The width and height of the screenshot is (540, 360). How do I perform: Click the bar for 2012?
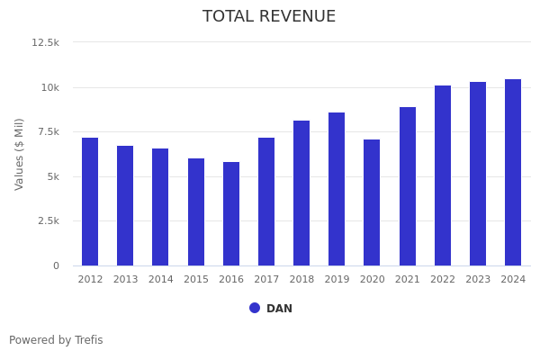[x=90, y=202]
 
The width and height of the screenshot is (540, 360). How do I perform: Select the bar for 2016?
[x=231, y=213]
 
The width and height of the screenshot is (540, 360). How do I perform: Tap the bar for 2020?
[x=372, y=202]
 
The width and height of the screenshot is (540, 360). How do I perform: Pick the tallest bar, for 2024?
[x=513, y=172]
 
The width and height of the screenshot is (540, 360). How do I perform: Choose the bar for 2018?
[x=301, y=193]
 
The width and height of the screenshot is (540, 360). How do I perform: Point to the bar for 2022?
[x=443, y=175]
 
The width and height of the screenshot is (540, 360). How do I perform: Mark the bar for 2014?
[x=160, y=207]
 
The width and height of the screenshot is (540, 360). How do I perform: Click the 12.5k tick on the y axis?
[x=45, y=42]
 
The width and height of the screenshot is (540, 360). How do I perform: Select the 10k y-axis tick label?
[x=49, y=87]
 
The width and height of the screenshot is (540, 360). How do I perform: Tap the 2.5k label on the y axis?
[x=48, y=220]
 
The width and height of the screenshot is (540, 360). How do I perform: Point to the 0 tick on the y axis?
[x=56, y=265]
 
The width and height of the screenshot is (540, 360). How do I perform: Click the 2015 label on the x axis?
[x=196, y=280]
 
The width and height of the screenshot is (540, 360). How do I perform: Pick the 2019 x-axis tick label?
[x=337, y=280]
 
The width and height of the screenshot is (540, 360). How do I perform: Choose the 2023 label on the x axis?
[x=478, y=280]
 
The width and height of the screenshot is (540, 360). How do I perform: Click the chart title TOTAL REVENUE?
[x=269, y=17]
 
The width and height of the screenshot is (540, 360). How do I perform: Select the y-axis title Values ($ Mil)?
[x=20, y=154]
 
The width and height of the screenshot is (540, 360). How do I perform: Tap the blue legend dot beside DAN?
[x=255, y=308]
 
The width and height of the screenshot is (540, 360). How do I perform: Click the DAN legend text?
[x=279, y=309]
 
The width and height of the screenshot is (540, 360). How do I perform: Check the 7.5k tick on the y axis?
[x=48, y=131]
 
